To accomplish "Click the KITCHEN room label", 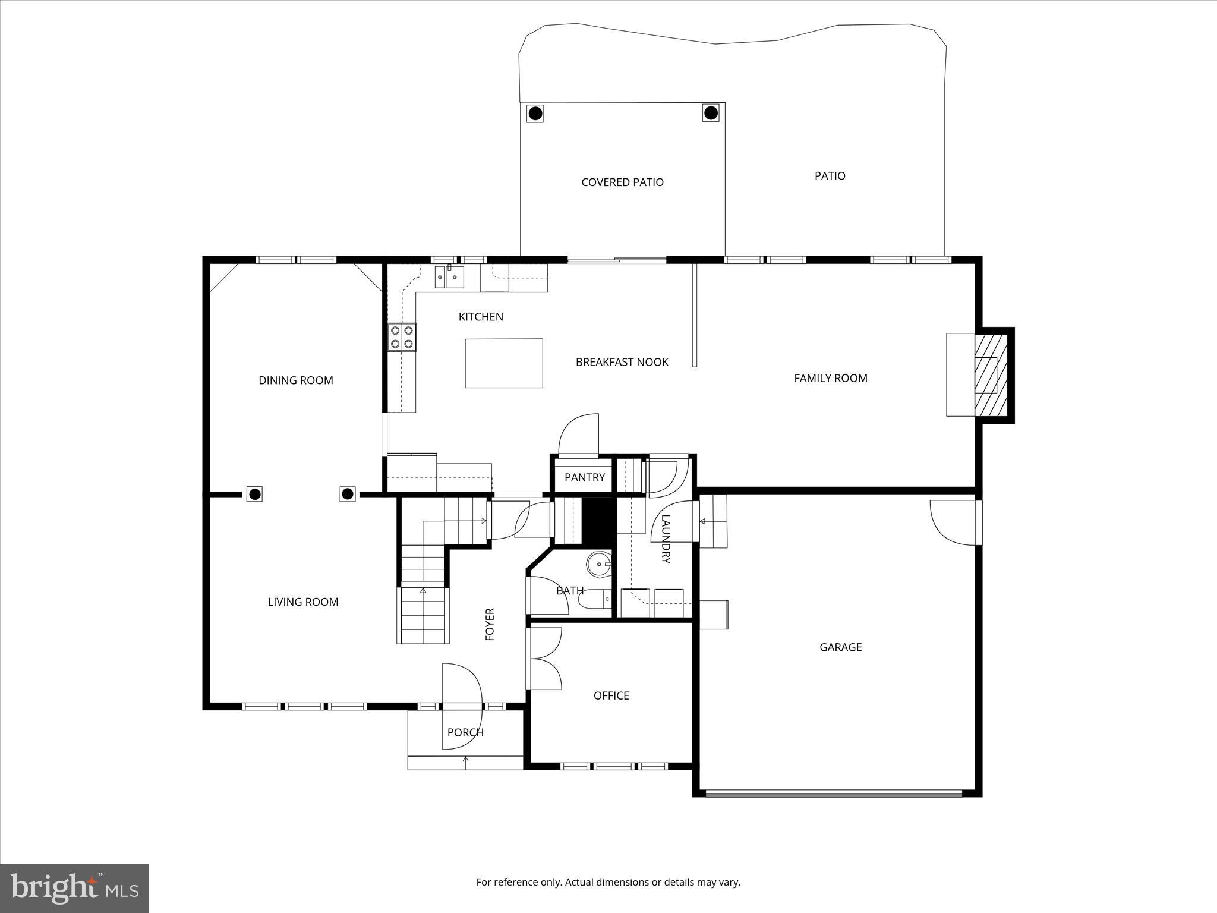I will pyautogui.click(x=481, y=317).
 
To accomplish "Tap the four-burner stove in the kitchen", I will pyautogui.click(x=402, y=337).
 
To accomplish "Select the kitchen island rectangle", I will pyautogui.click(x=503, y=363).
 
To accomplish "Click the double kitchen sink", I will pyautogui.click(x=449, y=277).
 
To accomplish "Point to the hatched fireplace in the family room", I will pyautogui.click(x=991, y=375).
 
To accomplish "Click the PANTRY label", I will pyautogui.click(x=584, y=477).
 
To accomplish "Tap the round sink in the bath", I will pyautogui.click(x=599, y=564).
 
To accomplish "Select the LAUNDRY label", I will pyautogui.click(x=666, y=539).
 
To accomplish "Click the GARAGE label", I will pyautogui.click(x=840, y=647).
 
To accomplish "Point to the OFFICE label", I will pyautogui.click(x=611, y=695).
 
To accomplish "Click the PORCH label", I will pyautogui.click(x=465, y=732).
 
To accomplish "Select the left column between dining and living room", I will pyautogui.click(x=255, y=494).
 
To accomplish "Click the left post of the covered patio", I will pyautogui.click(x=535, y=112).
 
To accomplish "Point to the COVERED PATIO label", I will pyautogui.click(x=622, y=182).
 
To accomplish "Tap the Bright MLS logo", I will pyautogui.click(x=74, y=888).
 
